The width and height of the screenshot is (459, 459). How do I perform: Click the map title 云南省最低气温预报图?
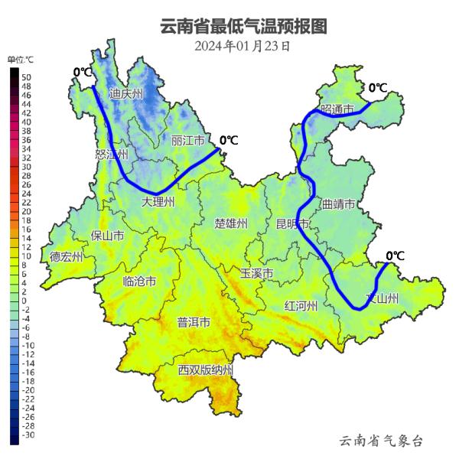(243, 27)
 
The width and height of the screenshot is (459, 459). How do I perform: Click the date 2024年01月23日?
(243, 46)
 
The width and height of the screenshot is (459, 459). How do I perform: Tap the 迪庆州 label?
(126, 94)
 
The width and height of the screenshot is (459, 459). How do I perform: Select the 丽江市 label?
(188, 141)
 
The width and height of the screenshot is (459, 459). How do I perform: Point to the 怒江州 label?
(111, 154)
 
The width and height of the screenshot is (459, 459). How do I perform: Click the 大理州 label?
(159, 202)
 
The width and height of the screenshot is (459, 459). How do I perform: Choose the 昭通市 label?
(337, 110)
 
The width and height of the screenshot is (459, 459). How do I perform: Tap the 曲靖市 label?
(338, 204)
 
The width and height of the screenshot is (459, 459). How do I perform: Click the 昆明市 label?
(293, 224)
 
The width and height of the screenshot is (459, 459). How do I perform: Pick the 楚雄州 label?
(231, 223)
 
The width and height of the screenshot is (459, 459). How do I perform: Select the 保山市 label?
(107, 236)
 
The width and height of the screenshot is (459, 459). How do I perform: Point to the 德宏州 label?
(67, 257)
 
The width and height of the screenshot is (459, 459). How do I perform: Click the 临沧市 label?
(140, 282)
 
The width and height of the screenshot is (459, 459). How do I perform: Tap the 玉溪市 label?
(256, 272)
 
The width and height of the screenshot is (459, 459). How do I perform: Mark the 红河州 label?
(301, 306)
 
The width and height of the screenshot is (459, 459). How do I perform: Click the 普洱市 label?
(194, 322)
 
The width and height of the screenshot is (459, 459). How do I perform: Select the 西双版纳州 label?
(206, 369)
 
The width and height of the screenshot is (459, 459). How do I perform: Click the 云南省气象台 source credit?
(381, 441)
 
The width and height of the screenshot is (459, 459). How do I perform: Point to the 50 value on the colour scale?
(26, 77)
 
